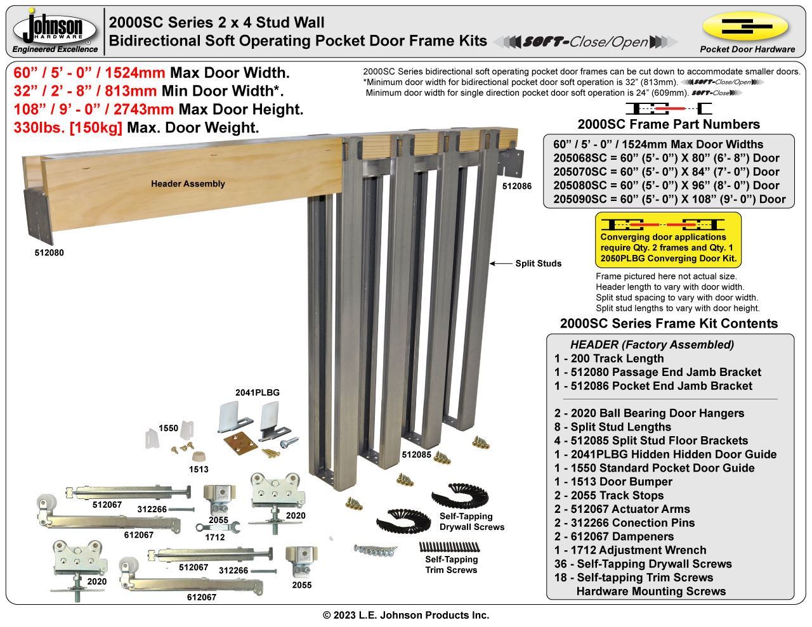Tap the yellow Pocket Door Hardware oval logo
(x=745, y=27)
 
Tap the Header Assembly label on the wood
(x=188, y=184)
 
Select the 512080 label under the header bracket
(x=49, y=252)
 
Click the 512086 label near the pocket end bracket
(x=517, y=186)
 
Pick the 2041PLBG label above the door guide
(x=258, y=392)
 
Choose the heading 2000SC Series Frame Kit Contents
(x=669, y=323)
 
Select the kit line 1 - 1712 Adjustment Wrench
(x=630, y=550)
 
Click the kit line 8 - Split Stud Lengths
(x=612, y=427)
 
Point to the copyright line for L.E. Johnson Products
(x=406, y=615)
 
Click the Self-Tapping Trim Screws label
(x=451, y=564)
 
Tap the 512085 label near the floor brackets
(x=417, y=455)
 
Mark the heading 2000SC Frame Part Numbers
(x=669, y=124)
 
